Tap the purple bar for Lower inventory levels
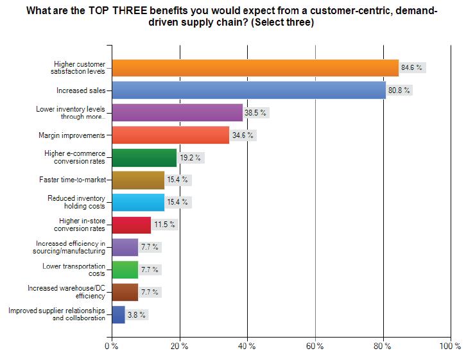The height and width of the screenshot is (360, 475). point(177,113)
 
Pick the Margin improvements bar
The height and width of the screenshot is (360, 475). point(171,135)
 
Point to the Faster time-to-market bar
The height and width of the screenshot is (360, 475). point(138,180)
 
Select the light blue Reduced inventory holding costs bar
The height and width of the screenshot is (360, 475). point(138,202)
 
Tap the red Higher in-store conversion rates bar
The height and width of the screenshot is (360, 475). point(132,225)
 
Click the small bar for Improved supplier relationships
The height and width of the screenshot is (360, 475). point(119,314)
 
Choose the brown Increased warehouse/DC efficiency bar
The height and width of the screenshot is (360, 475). point(125,292)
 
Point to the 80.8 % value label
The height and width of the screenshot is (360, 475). point(399,90)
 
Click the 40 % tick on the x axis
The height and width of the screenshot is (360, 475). point(247,346)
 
